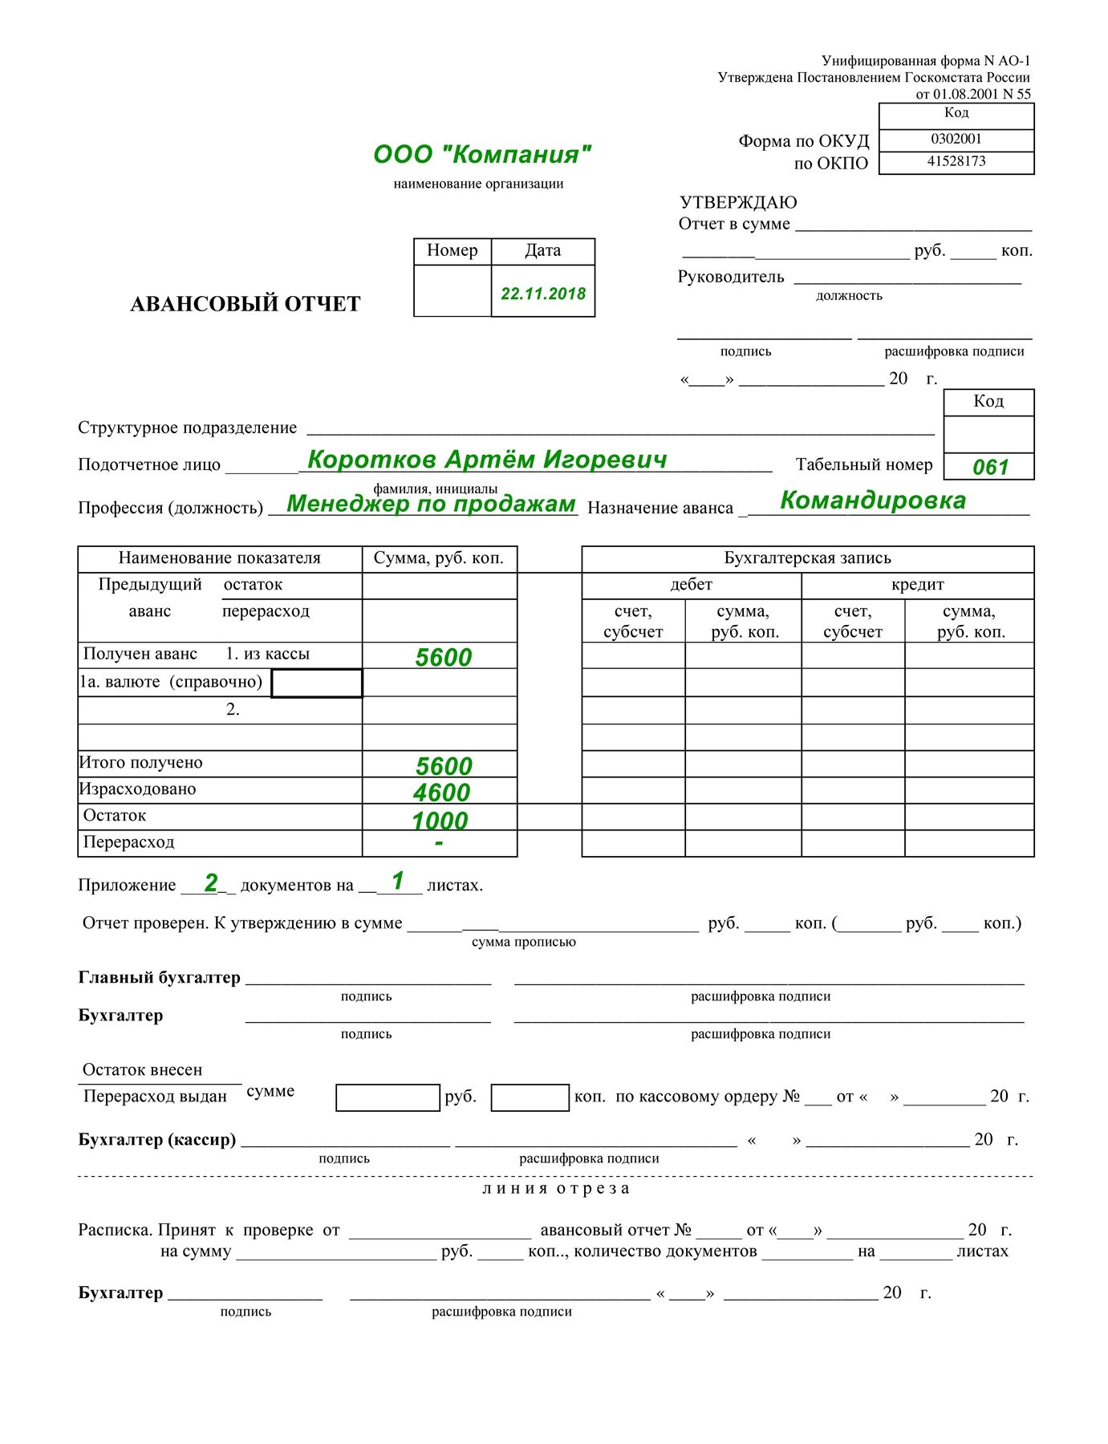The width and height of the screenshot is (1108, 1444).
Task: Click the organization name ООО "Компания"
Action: tap(482, 154)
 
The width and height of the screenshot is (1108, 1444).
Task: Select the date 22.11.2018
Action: tap(543, 294)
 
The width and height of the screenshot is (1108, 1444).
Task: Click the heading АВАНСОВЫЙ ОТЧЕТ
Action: tap(246, 304)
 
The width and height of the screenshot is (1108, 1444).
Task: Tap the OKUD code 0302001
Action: tap(956, 139)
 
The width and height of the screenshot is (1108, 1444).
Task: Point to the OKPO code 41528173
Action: tap(956, 161)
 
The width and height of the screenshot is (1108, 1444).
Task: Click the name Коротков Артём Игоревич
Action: tap(487, 460)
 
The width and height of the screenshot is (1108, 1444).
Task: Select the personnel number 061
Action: tap(990, 467)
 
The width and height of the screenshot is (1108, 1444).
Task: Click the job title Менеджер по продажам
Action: tap(431, 504)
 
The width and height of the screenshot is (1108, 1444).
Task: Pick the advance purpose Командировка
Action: tap(873, 501)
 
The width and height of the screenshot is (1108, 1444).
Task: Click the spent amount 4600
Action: tap(441, 793)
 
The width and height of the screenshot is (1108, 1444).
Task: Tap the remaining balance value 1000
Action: tap(440, 821)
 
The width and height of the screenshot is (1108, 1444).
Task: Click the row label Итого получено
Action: tap(141, 763)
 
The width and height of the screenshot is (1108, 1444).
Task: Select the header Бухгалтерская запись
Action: tap(807, 558)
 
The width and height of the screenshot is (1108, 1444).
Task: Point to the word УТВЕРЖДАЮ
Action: tap(738, 202)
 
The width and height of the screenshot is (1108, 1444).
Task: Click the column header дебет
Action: tap(691, 585)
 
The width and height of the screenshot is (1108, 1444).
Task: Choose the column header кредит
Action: tap(917, 585)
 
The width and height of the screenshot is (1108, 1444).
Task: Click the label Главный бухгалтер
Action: tap(160, 977)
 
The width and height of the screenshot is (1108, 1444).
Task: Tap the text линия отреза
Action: tap(555, 1188)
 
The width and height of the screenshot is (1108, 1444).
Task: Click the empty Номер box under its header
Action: tap(453, 290)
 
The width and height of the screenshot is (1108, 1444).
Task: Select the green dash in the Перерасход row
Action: tap(439, 843)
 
